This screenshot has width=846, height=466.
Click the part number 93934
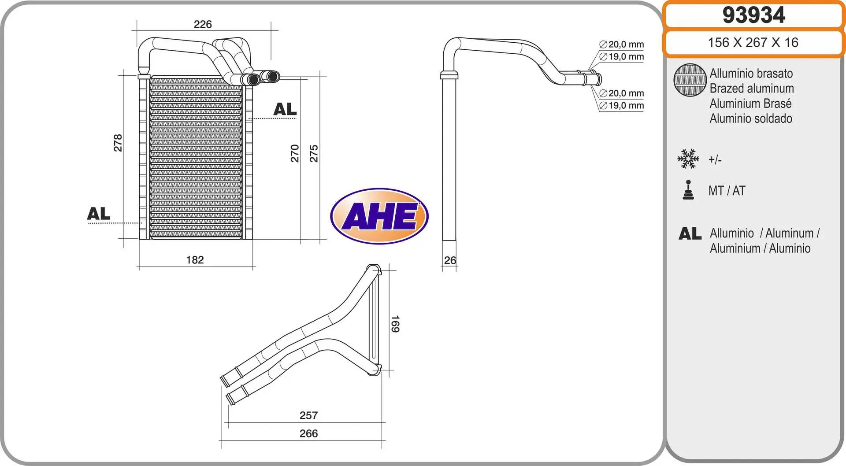(753, 15)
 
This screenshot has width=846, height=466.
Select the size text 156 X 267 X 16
(753, 42)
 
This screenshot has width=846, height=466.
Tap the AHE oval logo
(379, 216)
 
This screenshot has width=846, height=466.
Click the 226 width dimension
(203, 24)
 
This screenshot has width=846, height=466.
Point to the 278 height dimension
(118, 143)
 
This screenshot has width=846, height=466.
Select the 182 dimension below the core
(195, 260)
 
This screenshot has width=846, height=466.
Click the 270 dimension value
(295, 153)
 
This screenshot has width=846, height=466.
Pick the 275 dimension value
(314, 153)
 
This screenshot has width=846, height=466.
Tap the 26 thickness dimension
(450, 260)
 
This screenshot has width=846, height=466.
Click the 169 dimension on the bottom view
(395, 324)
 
